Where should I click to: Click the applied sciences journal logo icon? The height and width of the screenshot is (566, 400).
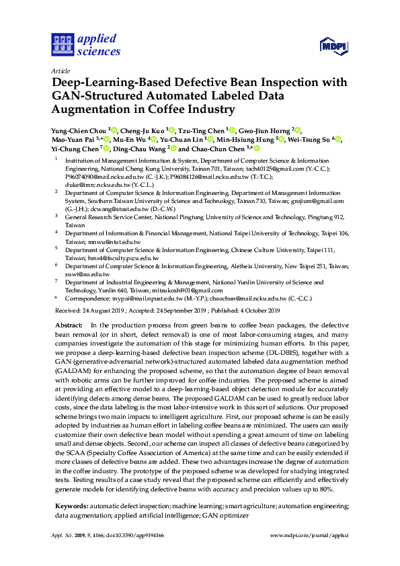[x=61, y=45]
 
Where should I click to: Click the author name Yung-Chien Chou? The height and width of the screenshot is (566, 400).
[x=79, y=130]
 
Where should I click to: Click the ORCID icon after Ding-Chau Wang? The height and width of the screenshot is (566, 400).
[x=173, y=149]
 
